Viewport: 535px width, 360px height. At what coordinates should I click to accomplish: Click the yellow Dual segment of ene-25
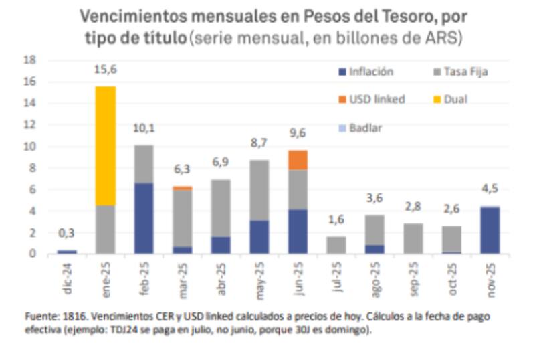(x=105, y=145)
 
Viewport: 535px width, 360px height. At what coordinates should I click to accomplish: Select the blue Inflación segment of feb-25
(x=143, y=218)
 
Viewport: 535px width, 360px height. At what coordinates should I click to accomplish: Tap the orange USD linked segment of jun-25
(x=298, y=160)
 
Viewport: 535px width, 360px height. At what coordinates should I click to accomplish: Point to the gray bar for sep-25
(x=413, y=238)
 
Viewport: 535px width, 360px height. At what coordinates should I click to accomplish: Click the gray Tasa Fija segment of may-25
(x=259, y=190)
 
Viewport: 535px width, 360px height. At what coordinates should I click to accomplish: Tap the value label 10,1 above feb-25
(x=144, y=128)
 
